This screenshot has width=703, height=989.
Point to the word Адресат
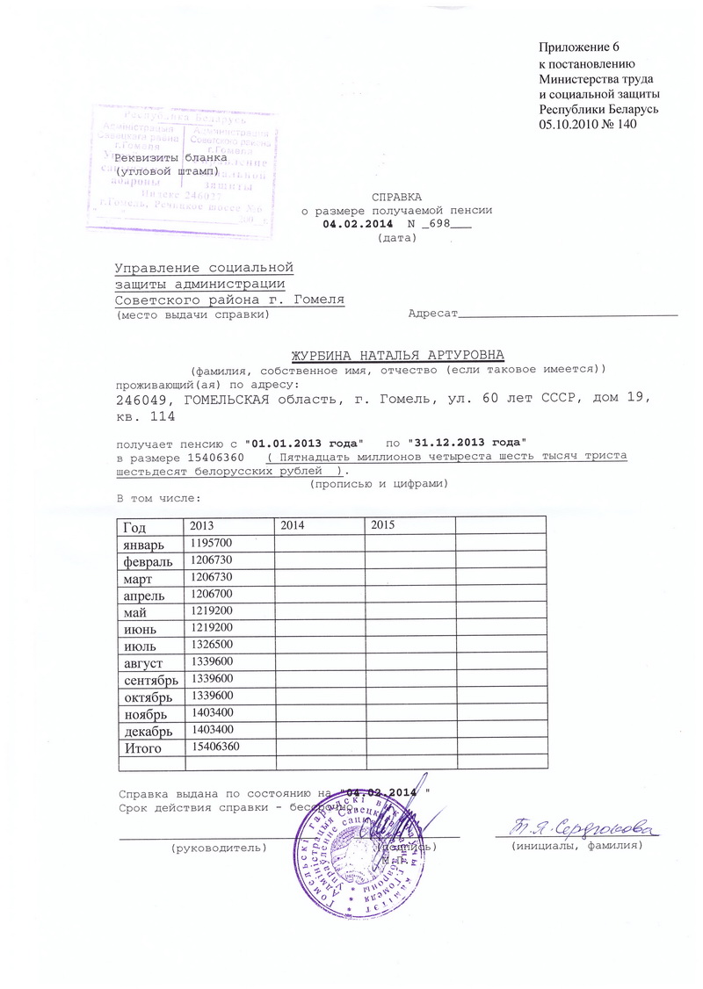[x=434, y=313]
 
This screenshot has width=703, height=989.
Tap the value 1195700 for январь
[x=210, y=544]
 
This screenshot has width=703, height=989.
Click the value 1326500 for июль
[x=210, y=645]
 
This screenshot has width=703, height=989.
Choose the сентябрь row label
[x=150, y=679]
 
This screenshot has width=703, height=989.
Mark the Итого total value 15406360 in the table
[x=214, y=747]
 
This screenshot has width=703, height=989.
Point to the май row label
[x=134, y=611]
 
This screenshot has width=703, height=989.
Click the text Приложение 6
[x=584, y=47]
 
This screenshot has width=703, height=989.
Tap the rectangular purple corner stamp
[x=181, y=166]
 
